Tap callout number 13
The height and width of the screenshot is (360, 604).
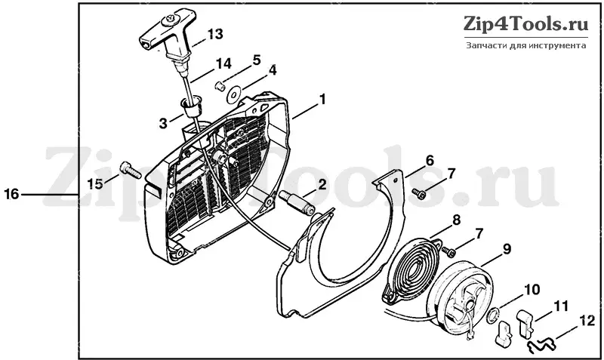click(x=215, y=34)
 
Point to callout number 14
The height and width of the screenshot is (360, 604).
click(x=223, y=63)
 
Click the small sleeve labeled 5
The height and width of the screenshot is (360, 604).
click(x=220, y=85)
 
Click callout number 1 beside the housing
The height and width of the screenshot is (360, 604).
click(x=322, y=100)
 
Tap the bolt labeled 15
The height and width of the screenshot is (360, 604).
click(x=131, y=171)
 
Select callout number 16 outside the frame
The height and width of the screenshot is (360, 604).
click(x=11, y=194)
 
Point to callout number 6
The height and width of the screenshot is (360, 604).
click(x=429, y=161)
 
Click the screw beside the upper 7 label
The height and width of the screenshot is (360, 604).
click(x=418, y=193)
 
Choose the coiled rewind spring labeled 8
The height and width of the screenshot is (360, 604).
click(x=411, y=268)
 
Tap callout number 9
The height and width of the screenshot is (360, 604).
click(x=507, y=249)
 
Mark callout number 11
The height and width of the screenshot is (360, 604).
click(x=561, y=307)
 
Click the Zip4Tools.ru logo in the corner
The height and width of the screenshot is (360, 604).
click(x=526, y=23)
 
